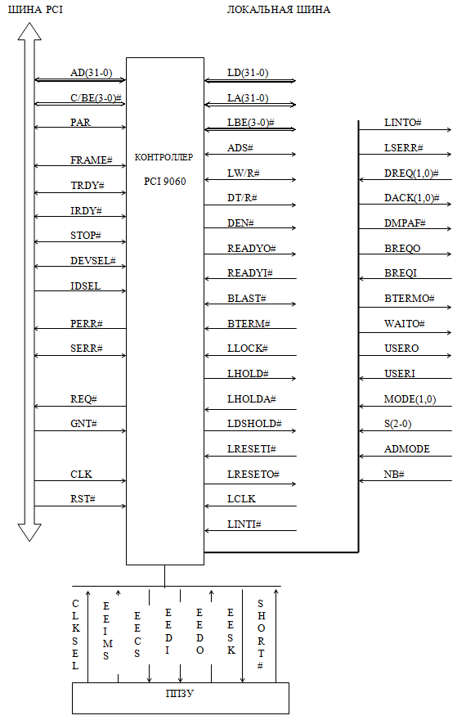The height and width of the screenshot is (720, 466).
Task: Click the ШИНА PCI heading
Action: (x=35, y=10)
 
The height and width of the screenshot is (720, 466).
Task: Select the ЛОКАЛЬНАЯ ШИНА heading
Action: (x=279, y=10)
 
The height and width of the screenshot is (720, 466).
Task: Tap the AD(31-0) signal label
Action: (x=92, y=73)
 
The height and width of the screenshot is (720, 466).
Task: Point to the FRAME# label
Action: (x=92, y=160)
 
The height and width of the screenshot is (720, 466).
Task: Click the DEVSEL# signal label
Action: (x=93, y=261)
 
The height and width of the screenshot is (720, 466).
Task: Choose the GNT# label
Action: (x=83, y=423)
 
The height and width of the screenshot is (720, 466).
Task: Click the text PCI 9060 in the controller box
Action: (x=164, y=182)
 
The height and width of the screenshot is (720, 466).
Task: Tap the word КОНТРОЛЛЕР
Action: (x=164, y=157)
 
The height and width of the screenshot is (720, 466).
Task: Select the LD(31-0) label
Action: (x=248, y=73)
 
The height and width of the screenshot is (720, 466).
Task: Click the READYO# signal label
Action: (x=251, y=249)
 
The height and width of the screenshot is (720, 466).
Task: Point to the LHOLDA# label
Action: (x=251, y=399)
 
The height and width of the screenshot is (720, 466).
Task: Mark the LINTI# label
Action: (x=244, y=524)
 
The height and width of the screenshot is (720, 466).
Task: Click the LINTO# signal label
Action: (x=403, y=123)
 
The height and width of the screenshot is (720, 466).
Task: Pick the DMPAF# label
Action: (x=405, y=223)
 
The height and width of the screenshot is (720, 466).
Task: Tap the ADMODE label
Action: (x=407, y=448)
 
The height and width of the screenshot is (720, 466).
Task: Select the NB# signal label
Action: (x=394, y=474)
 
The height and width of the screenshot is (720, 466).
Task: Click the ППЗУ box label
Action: (x=180, y=693)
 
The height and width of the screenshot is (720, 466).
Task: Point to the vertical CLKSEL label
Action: (x=76, y=634)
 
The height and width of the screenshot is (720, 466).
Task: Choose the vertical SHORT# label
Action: (x=261, y=634)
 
